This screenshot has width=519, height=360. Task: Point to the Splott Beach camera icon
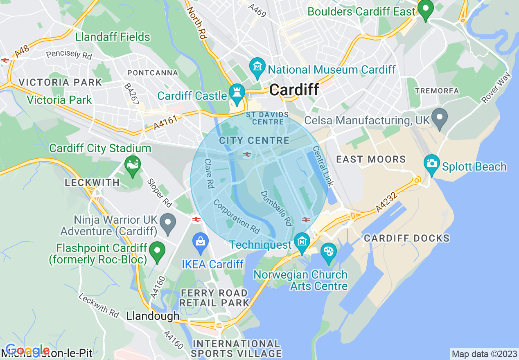(431, 163)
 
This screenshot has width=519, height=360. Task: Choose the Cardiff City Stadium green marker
(132, 166)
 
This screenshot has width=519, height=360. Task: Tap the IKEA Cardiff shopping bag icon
(201, 241)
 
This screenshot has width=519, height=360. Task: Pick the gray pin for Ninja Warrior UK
(168, 223)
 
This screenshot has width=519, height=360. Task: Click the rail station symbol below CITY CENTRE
(247, 154)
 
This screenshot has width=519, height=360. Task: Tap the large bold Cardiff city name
(294, 90)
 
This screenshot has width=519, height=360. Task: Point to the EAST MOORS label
(371, 160)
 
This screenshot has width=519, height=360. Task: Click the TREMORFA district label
(437, 91)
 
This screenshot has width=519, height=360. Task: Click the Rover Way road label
(496, 88)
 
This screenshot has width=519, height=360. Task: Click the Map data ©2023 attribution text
(484, 353)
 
